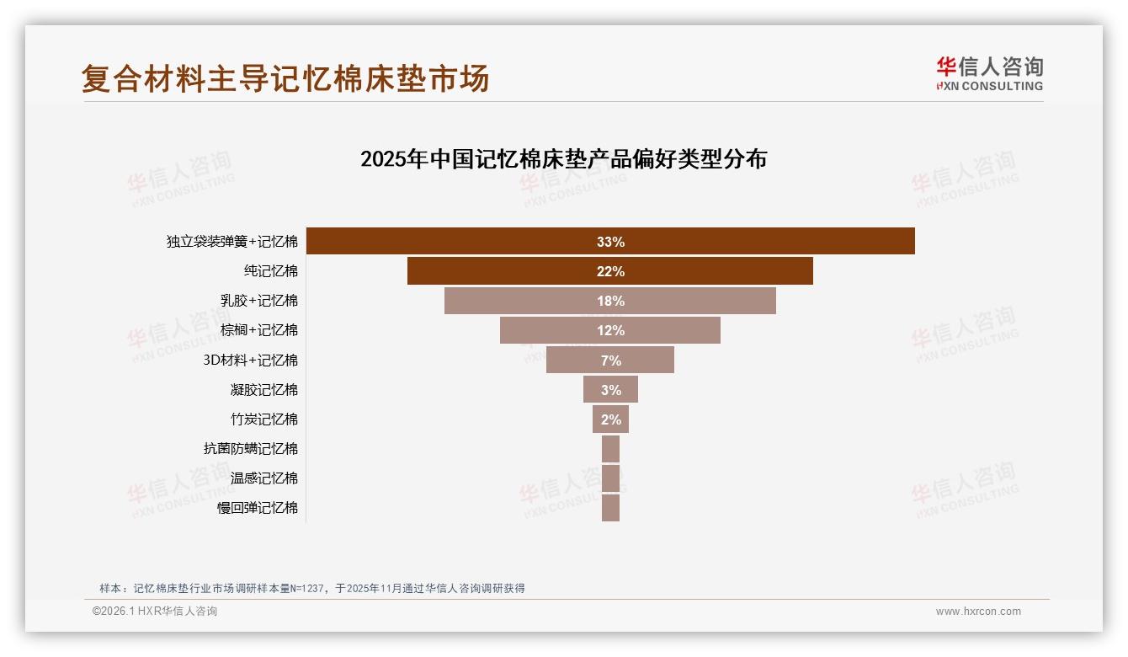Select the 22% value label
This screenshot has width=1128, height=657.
610,271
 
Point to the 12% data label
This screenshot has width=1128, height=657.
610,330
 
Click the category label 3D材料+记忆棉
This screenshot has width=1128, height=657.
251,361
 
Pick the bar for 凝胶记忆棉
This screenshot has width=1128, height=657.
610,389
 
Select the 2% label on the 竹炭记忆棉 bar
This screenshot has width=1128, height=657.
611,419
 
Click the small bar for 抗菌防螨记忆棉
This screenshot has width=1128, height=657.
610,448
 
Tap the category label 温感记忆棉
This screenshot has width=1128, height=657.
264,478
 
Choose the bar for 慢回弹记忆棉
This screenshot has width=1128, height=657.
610,508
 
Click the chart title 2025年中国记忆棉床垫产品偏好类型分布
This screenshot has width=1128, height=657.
563,158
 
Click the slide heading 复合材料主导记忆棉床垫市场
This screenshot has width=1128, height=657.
285,79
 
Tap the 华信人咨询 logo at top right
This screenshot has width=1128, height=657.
989,73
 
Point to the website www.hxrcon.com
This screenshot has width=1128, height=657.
978,612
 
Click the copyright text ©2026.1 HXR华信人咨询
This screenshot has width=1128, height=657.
155,612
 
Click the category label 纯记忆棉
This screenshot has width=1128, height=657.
271,271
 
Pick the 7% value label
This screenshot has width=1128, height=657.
611,361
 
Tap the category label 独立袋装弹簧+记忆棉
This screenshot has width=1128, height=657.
232,242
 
